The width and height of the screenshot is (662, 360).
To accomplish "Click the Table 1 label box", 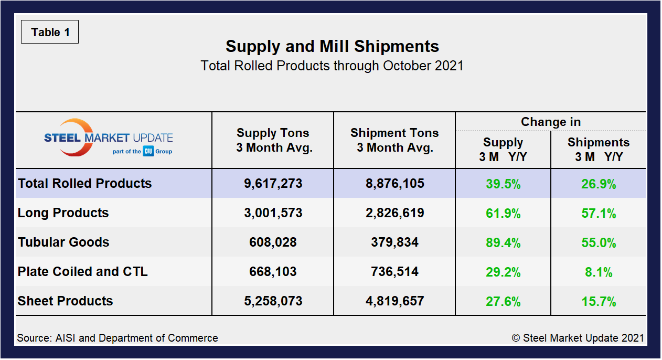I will (50, 32).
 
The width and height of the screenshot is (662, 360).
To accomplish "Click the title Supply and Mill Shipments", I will (332, 46).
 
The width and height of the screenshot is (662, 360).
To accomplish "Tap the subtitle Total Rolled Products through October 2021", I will (332, 66).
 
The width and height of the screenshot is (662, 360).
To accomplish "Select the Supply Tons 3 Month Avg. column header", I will (273, 140).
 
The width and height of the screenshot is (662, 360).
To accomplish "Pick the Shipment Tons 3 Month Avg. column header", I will (394, 140).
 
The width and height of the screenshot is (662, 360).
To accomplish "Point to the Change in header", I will (550, 122).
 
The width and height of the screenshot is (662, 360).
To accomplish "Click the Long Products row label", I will (63, 213).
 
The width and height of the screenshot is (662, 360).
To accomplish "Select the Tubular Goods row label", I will (63, 242).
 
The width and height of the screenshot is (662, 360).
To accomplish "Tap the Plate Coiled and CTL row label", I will (83, 272).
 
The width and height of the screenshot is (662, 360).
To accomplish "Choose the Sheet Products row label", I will (66, 301).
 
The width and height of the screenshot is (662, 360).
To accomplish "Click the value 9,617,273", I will (273, 184).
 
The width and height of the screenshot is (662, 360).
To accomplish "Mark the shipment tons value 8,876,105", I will (394, 184).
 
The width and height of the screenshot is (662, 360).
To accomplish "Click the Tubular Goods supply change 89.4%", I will (503, 243).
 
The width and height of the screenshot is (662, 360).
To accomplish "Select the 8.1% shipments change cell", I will (599, 272).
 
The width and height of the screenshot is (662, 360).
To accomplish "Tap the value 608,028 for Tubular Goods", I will (273, 242).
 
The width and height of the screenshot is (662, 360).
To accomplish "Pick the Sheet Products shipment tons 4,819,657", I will (394, 301).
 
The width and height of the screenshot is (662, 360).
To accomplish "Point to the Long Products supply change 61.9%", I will (503, 214).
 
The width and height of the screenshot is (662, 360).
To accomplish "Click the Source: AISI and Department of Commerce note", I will (118, 338).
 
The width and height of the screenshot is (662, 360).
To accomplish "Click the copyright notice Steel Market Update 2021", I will (578, 338).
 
